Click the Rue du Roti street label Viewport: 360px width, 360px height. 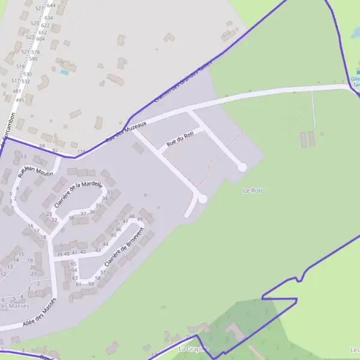(181, 139)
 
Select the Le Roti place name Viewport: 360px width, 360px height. (253, 191)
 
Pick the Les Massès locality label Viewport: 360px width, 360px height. (14, 306)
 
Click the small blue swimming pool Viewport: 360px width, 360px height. (64, 72)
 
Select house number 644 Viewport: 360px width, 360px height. (51, 5)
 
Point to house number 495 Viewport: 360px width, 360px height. (20, 100)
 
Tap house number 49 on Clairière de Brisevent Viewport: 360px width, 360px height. (140, 220)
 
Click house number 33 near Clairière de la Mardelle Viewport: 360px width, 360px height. (110, 193)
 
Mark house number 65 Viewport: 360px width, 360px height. (74, 264)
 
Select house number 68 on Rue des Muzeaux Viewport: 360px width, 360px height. (42, 146)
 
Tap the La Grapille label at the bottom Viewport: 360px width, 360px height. (192, 349)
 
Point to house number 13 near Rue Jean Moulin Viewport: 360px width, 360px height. (23, 157)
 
